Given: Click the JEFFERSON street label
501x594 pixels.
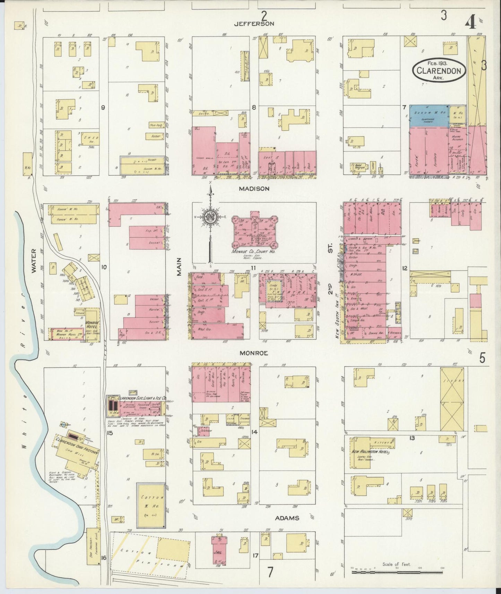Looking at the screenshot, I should (254, 24).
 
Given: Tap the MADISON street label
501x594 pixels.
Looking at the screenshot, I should (254, 189).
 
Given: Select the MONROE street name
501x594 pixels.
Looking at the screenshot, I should (254, 353).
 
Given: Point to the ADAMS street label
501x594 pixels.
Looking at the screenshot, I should (287, 518).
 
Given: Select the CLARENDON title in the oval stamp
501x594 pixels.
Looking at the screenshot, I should (439, 71).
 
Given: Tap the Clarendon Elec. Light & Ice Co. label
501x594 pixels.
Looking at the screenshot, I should (142, 399).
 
